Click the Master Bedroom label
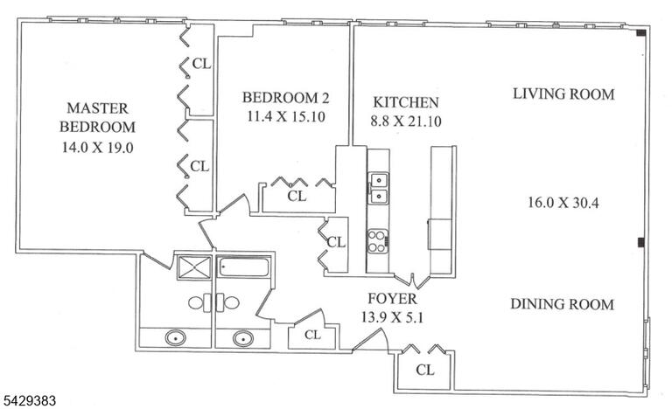(97, 117)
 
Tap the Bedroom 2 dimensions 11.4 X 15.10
(286, 116)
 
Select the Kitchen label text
(406, 102)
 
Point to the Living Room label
(563, 94)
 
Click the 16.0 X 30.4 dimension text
(563, 202)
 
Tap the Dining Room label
(563, 304)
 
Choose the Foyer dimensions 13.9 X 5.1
(392, 317)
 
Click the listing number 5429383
(29, 401)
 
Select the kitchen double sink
(379, 188)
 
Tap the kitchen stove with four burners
(378, 241)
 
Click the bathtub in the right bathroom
(244, 267)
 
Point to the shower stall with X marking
(194, 267)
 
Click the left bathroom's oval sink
(176, 338)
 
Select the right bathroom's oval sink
(243, 338)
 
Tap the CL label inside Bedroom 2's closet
(297, 196)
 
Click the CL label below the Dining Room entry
(424, 370)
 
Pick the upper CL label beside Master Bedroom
(201, 64)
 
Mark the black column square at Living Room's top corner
(641, 32)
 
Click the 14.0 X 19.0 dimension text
(98, 148)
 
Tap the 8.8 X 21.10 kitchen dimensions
(406, 121)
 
